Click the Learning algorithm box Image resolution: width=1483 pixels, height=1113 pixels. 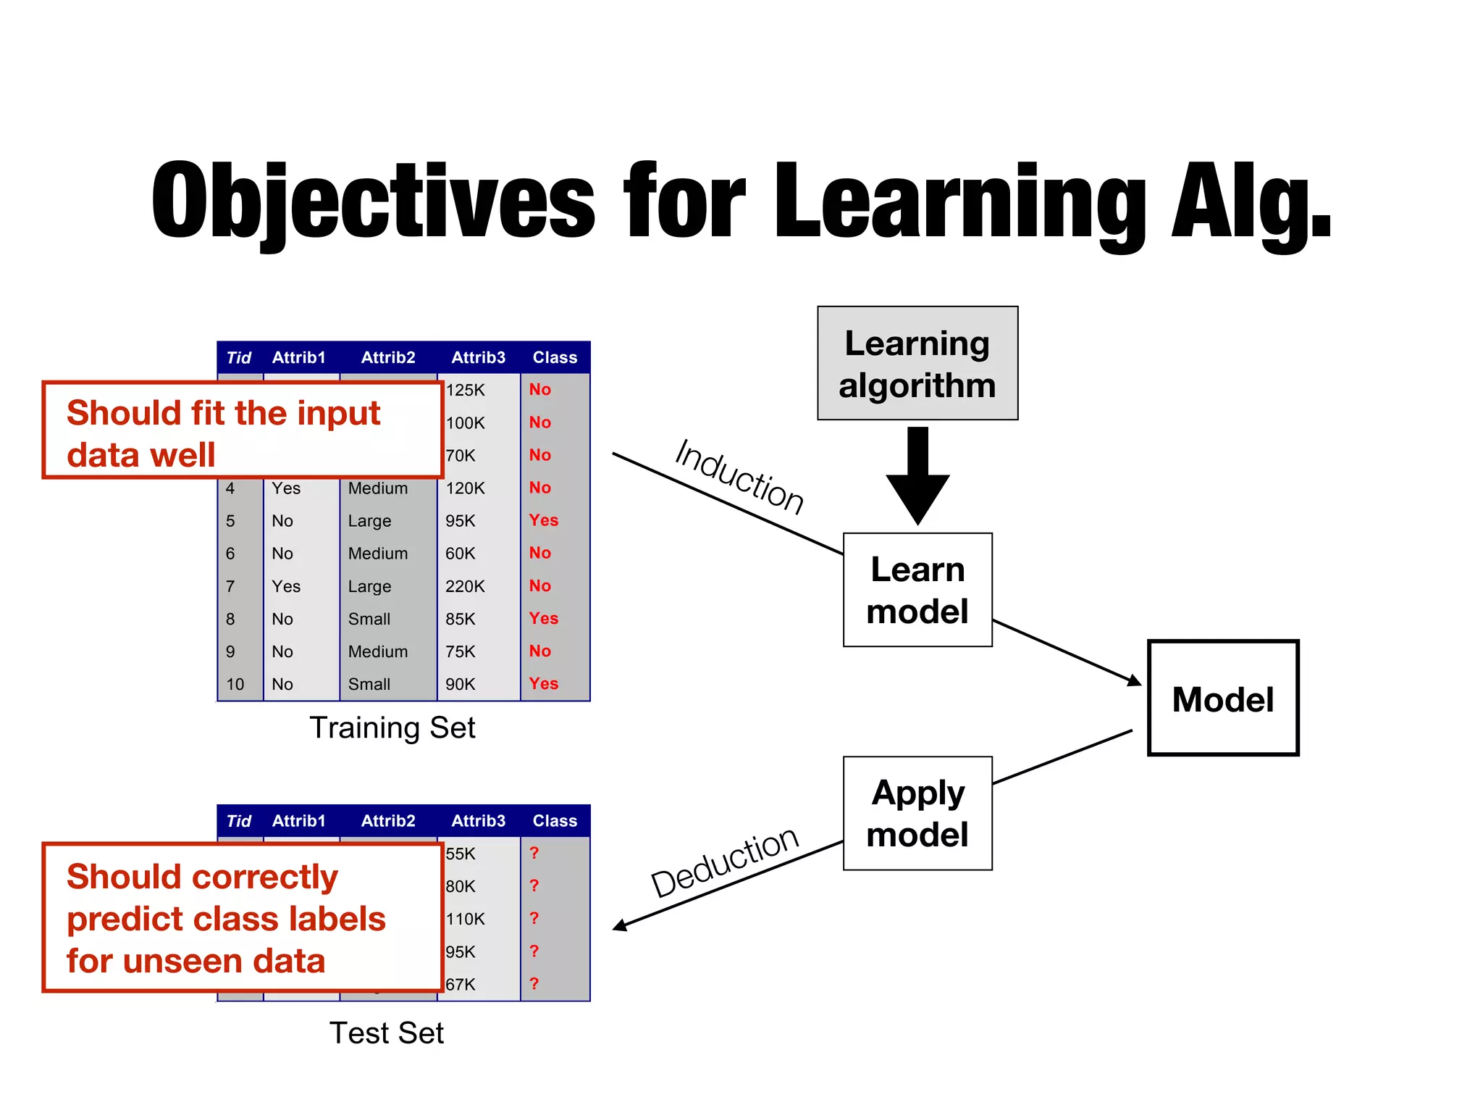(x=917, y=363)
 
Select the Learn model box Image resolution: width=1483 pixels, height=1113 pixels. (x=917, y=590)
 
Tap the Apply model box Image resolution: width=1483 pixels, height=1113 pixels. (x=917, y=813)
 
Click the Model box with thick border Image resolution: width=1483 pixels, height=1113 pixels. (x=1222, y=699)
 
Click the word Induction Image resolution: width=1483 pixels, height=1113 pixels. (x=739, y=477)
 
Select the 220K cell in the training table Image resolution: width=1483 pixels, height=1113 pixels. (x=465, y=586)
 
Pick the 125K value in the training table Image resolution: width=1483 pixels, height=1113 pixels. (x=465, y=390)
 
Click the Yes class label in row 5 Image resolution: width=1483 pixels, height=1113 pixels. (x=543, y=520)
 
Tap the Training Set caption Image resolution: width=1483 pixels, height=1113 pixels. (x=392, y=728)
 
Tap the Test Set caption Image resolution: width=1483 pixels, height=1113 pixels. (x=386, y=1033)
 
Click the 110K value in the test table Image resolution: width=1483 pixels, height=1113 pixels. (x=465, y=919)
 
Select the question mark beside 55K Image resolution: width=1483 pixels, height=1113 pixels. (x=534, y=853)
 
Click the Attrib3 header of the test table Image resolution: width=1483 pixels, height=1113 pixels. (x=478, y=821)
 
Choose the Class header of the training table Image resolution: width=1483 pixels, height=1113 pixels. (x=555, y=357)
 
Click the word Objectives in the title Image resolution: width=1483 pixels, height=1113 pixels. (x=373, y=201)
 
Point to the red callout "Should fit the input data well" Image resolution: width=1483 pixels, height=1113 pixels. (x=243, y=430)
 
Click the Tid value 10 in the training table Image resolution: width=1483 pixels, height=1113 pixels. (x=235, y=684)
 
